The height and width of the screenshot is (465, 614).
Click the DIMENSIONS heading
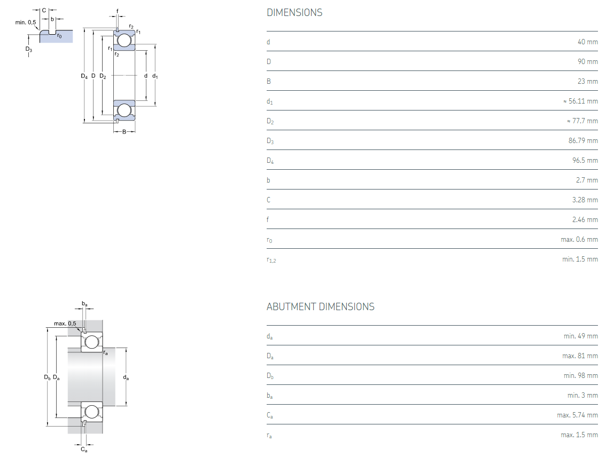coord(294,12)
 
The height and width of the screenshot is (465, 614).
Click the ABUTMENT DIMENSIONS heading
coord(320,306)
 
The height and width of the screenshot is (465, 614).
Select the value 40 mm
coord(587,42)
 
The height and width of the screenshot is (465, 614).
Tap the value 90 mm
coord(587,62)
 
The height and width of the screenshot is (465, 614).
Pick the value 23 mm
coord(587,82)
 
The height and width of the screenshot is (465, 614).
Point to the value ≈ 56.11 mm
coord(580,101)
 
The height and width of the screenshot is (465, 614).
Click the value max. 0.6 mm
coord(579,240)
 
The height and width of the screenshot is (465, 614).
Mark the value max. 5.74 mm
coord(577,415)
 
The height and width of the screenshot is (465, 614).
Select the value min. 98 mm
coord(580,376)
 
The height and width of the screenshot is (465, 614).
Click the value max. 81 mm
coord(580,356)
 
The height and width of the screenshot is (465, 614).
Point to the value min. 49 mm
coord(580,336)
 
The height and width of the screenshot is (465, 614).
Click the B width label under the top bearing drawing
coord(125,132)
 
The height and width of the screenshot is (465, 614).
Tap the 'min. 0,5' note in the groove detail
coord(26,22)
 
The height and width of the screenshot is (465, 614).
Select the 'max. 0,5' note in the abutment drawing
coord(65,324)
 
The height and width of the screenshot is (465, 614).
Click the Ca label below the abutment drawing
coord(84,450)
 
